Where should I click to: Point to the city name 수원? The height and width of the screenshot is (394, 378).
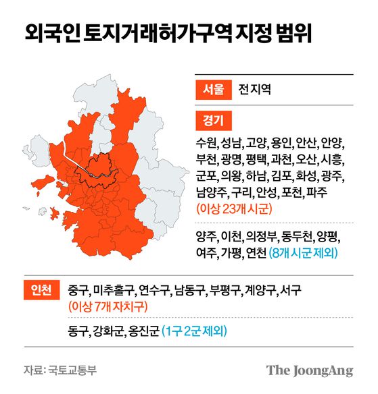[206, 144]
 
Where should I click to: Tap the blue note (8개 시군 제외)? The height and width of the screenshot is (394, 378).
[304, 254]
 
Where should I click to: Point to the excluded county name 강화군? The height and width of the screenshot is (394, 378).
[109, 331]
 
